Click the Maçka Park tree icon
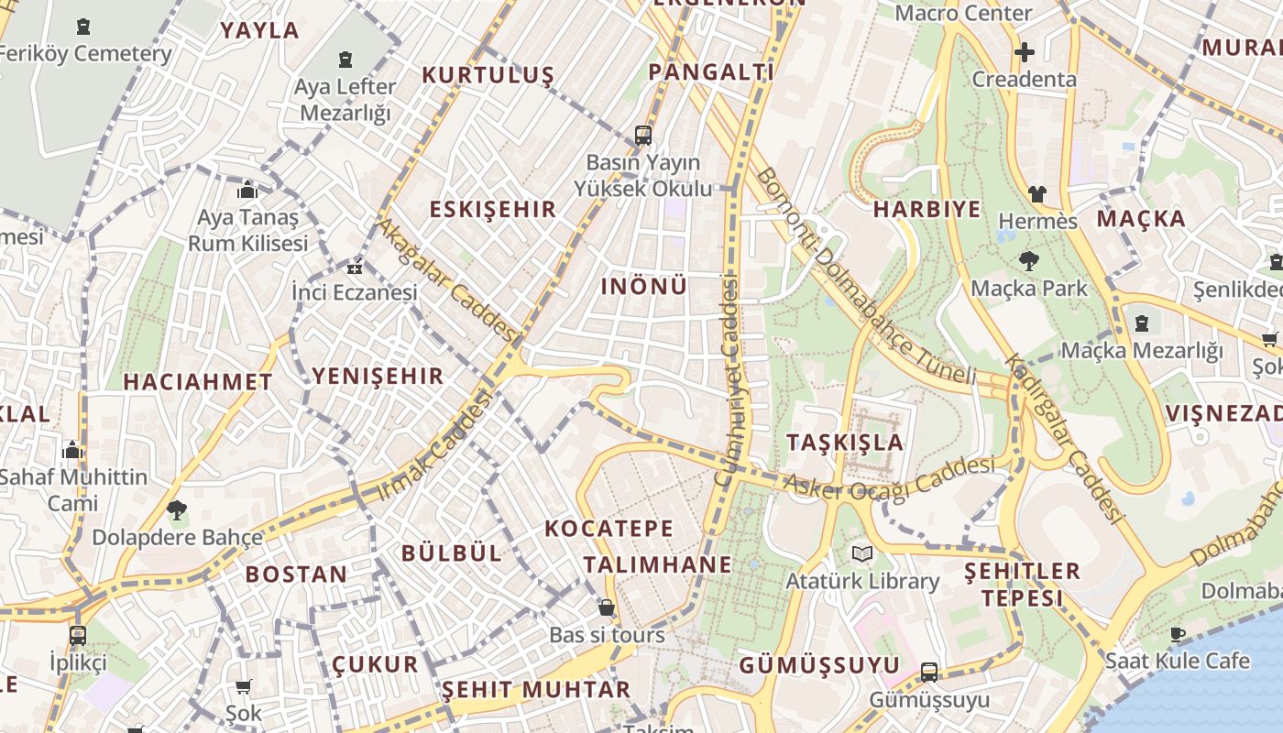pyautogui.click(x=1029, y=261)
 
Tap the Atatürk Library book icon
pyautogui.click(x=861, y=553)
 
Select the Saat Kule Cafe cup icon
pyautogui.click(x=1178, y=634)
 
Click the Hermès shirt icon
pyautogui.click(x=1036, y=193)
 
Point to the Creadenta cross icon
pyautogui.click(x=1024, y=52)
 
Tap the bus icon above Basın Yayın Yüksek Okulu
pyautogui.click(x=643, y=136)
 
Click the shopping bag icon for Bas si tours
pyautogui.click(x=606, y=607)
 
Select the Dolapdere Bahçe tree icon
pyautogui.click(x=177, y=510)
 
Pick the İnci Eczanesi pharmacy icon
pyautogui.click(x=355, y=268)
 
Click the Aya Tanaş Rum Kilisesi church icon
pyautogui.click(x=247, y=191)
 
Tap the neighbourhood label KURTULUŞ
pyautogui.click(x=488, y=75)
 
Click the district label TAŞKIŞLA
pyautogui.click(x=845, y=443)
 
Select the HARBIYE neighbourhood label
pyautogui.click(x=927, y=209)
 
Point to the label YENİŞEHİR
pyautogui.click(x=378, y=376)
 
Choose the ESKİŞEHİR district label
pyautogui.click(x=493, y=209)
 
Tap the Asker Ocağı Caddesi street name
pyautogui.click(x=889, y=479)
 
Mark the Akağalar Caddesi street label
pyautogui.click(x=447, y=277)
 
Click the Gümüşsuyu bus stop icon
pyautogui.click(x=929, y=673)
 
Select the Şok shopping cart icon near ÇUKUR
pyautogui.click(x=244, y=686)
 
